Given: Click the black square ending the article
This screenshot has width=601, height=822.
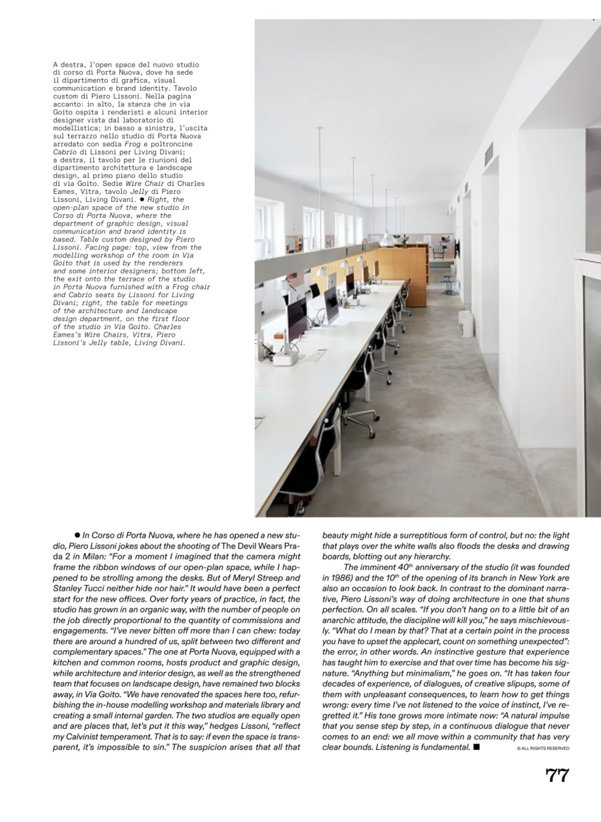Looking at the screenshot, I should point(477,747).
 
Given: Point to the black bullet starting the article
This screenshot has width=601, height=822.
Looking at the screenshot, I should point(77,535).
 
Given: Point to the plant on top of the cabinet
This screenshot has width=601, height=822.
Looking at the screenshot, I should point(404,240).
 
